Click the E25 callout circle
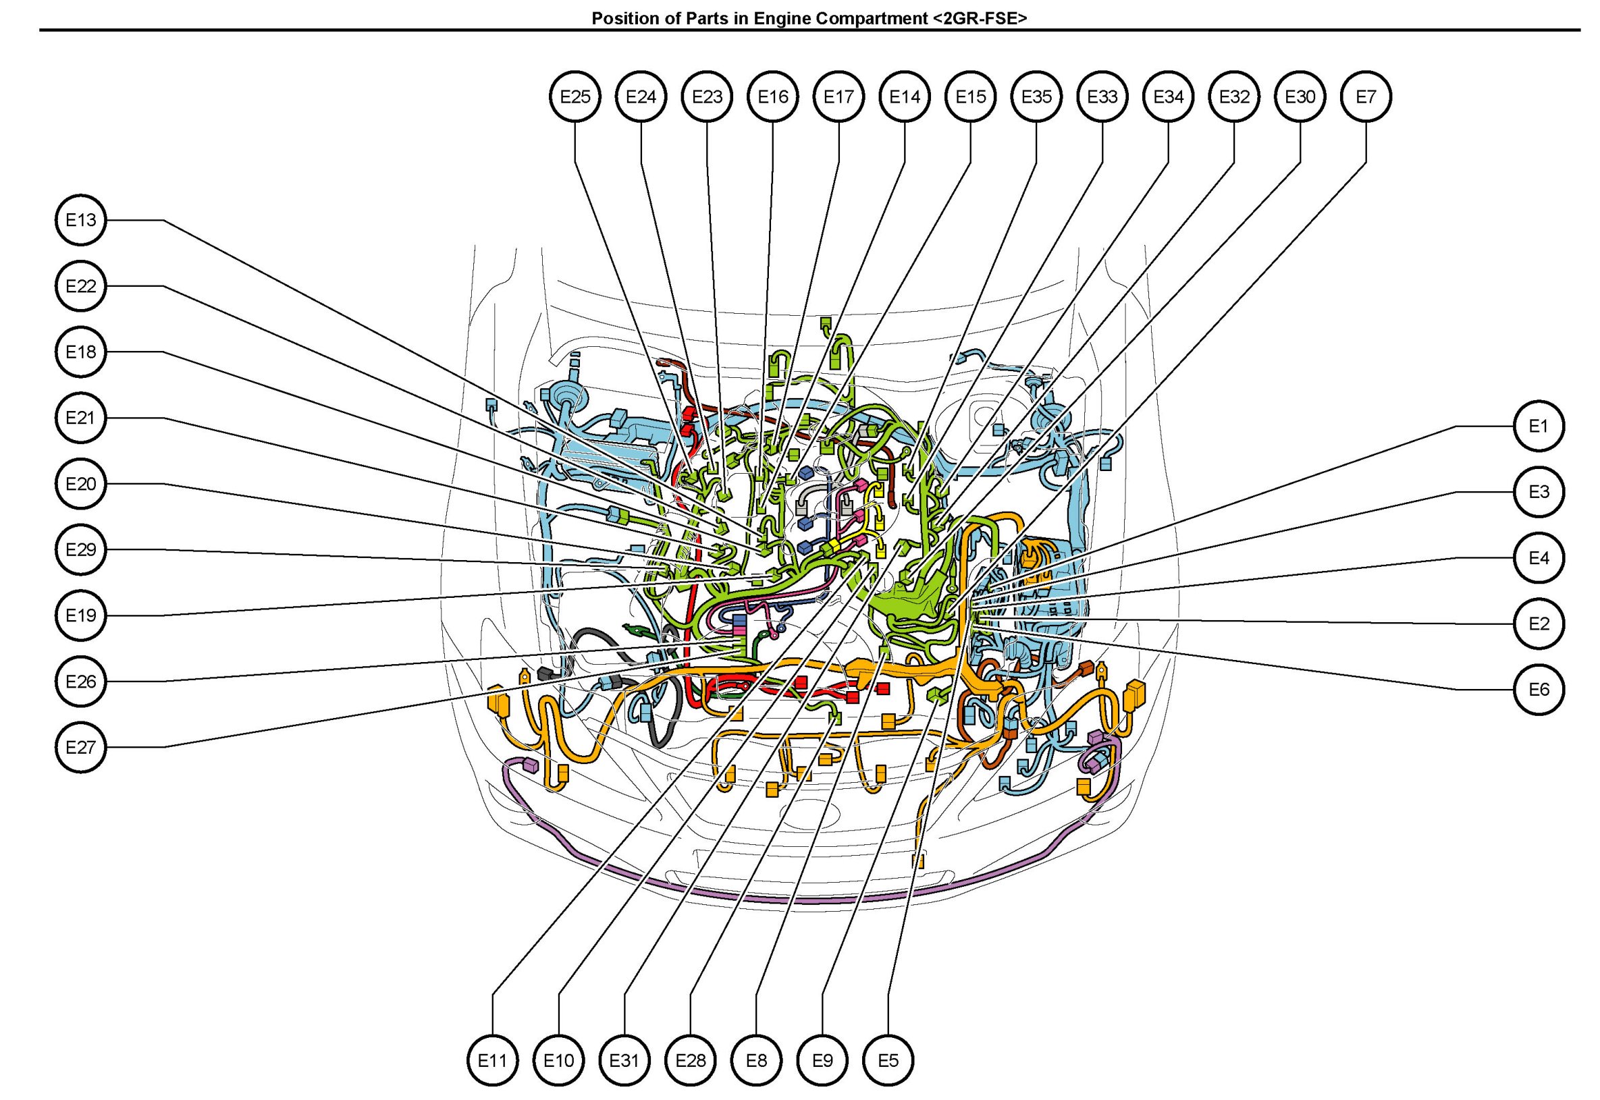575,97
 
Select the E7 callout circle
1366,97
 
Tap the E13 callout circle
80,220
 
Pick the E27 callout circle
80,747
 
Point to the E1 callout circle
1539,426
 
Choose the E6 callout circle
1539,689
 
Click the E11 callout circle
492,1060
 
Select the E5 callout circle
888,1060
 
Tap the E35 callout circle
1036,97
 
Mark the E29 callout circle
80,549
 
